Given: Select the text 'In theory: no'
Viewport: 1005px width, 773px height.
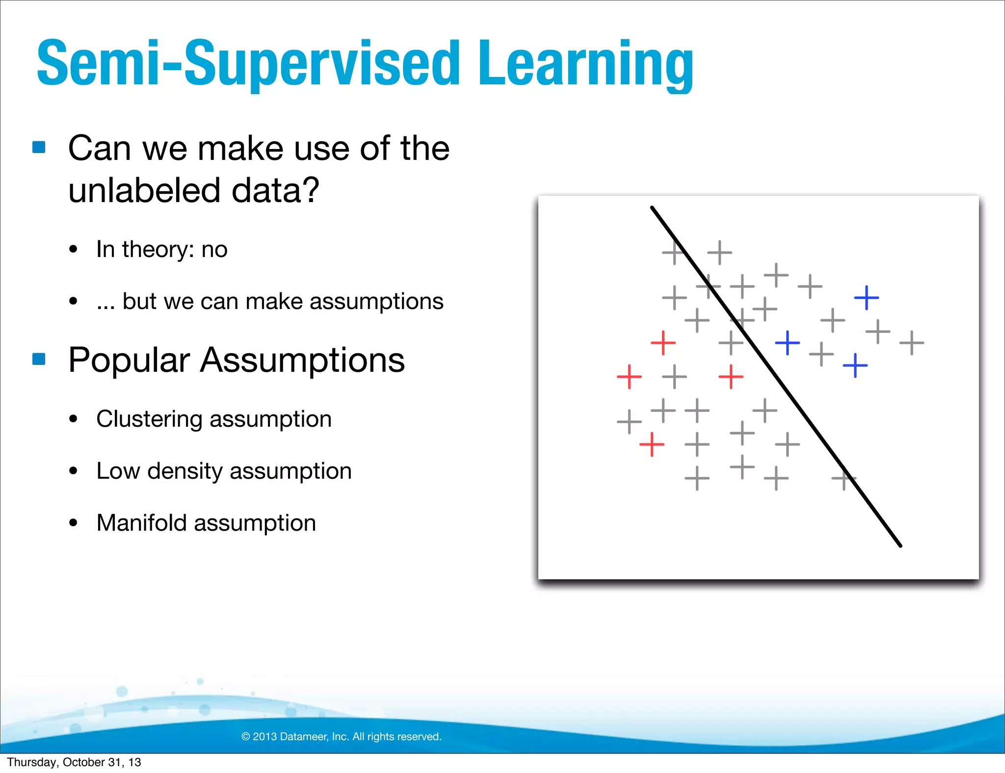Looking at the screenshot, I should click(x=161, y=249).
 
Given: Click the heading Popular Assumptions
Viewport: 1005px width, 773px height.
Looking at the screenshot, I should click(x=236, y=360).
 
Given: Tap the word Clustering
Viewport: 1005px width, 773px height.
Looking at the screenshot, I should click(x=149, y=419).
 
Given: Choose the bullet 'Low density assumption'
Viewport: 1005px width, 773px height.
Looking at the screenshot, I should click(x=224, y=471).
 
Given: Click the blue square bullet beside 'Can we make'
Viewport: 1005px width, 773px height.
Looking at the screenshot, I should click(x=39, y=147).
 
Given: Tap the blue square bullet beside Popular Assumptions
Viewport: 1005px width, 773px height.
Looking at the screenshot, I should click(x=39, y=359).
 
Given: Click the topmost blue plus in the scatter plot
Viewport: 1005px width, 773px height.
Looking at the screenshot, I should click(x=866, y=298).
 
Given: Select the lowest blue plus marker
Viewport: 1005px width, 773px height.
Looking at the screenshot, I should click(x=855, y=365).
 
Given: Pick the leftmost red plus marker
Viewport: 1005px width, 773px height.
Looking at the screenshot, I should click(x=629, y=377).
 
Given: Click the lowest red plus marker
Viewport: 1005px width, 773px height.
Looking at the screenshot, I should click(x=652, y=444).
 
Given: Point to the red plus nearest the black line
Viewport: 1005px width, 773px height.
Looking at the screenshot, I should click(x=731, y=377).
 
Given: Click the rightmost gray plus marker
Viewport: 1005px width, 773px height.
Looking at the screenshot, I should click(x=912, y=342).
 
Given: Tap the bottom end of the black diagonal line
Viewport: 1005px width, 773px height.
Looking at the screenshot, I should click(x=900, y=545).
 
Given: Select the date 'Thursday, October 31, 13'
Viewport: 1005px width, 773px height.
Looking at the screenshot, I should click(x=74, y=762).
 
